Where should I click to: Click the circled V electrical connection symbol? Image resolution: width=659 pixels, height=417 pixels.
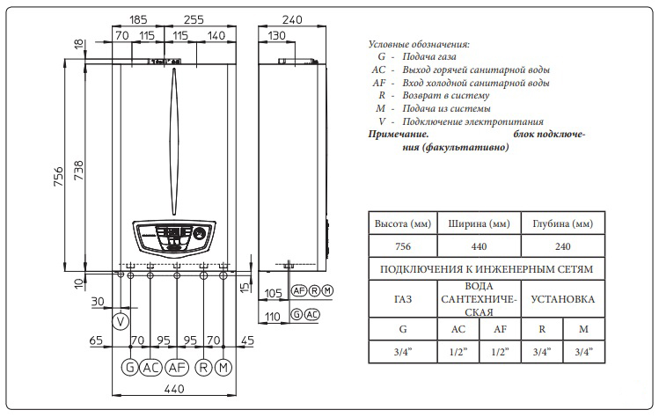121,321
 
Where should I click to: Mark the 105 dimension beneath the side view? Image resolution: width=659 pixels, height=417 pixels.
273,292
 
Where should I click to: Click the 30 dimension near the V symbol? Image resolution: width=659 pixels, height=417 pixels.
98,302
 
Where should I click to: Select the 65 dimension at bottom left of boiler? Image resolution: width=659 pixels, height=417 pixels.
97,340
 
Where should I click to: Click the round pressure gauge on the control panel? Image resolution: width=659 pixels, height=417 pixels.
201,235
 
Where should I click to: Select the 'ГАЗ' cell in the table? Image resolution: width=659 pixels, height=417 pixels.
401,300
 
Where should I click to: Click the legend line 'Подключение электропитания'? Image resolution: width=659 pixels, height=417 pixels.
472,121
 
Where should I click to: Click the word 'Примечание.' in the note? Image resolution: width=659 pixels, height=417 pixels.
398,135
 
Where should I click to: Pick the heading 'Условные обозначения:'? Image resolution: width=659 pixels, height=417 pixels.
418,43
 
